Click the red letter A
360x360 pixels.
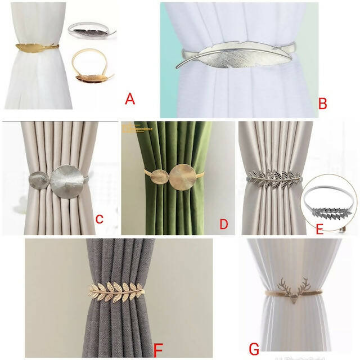(x=130, y=100)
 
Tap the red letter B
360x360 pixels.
(x=322, y=103)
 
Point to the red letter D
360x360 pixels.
(x=223, y=224)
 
